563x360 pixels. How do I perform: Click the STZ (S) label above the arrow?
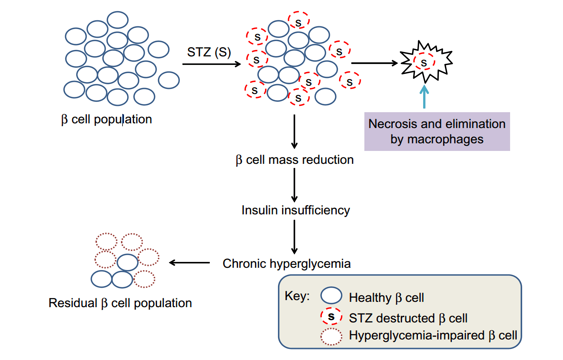pyautogui.click(x=209, y=52)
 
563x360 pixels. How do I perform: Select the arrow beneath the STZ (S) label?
pyautogui.click(x=211, y=64)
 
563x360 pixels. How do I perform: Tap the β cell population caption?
pyautogui.click(x=106, y=120)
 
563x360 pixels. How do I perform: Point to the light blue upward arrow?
pyautogui.click(x=424, y=97)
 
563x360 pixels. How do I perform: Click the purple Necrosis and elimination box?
pyautogui.click(x=437, y=132)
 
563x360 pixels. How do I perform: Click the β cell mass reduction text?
pyautogui.click(x=294, y=160)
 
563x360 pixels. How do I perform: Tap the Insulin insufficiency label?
pyautogui.click(x=296, y=210)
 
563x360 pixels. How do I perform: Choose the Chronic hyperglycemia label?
pyautogui.click(x=286, y=264)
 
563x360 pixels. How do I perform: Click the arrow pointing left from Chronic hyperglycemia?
pyautogui.click(x=190, y=263)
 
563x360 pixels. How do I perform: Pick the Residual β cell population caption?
pyautogui.click(x=120, y=303)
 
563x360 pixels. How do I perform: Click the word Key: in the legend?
pyautogui.click(x=297, y=296)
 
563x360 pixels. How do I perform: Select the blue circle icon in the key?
pyautogui.click(x=331, y=295)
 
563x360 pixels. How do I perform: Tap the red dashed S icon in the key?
pyautogui.click(x=331, y=316)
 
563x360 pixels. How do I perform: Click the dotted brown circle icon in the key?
pyautogui.click(x=331, y=337)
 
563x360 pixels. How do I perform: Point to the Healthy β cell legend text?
pyautogui.click(x=386, y=298)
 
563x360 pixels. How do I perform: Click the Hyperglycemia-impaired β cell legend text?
pyautogui.click(x=433, y=335)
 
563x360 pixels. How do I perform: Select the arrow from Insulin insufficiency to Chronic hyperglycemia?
pyautogui.click(x=294, y=237)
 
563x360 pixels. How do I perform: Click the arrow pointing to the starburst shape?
pyautogui.click(x=374, y=63)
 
